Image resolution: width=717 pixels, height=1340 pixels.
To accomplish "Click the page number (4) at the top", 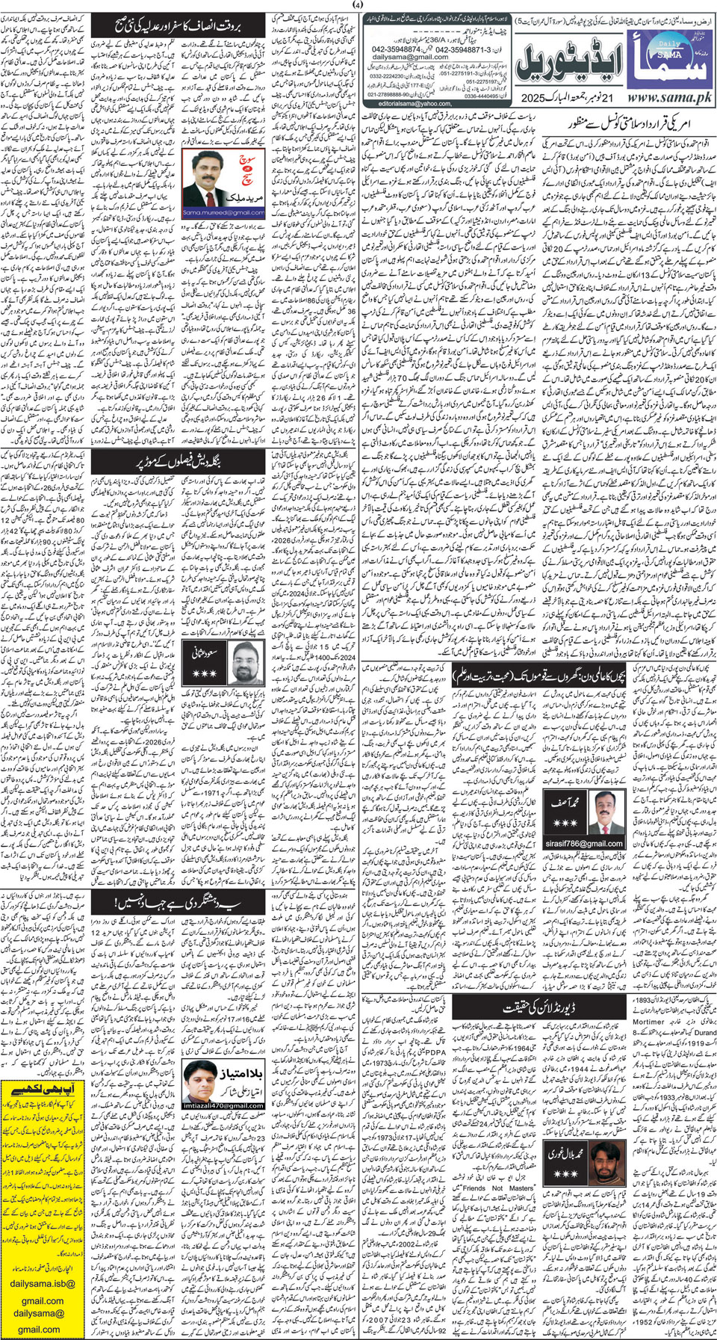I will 358,5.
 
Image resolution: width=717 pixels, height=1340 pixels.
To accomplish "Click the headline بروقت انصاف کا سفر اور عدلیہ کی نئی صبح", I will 176,24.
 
